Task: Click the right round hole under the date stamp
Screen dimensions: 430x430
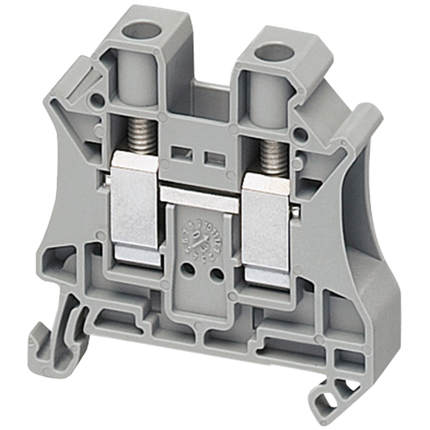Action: [x=215, y=274]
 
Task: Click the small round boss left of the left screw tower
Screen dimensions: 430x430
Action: [x=97, y=102]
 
